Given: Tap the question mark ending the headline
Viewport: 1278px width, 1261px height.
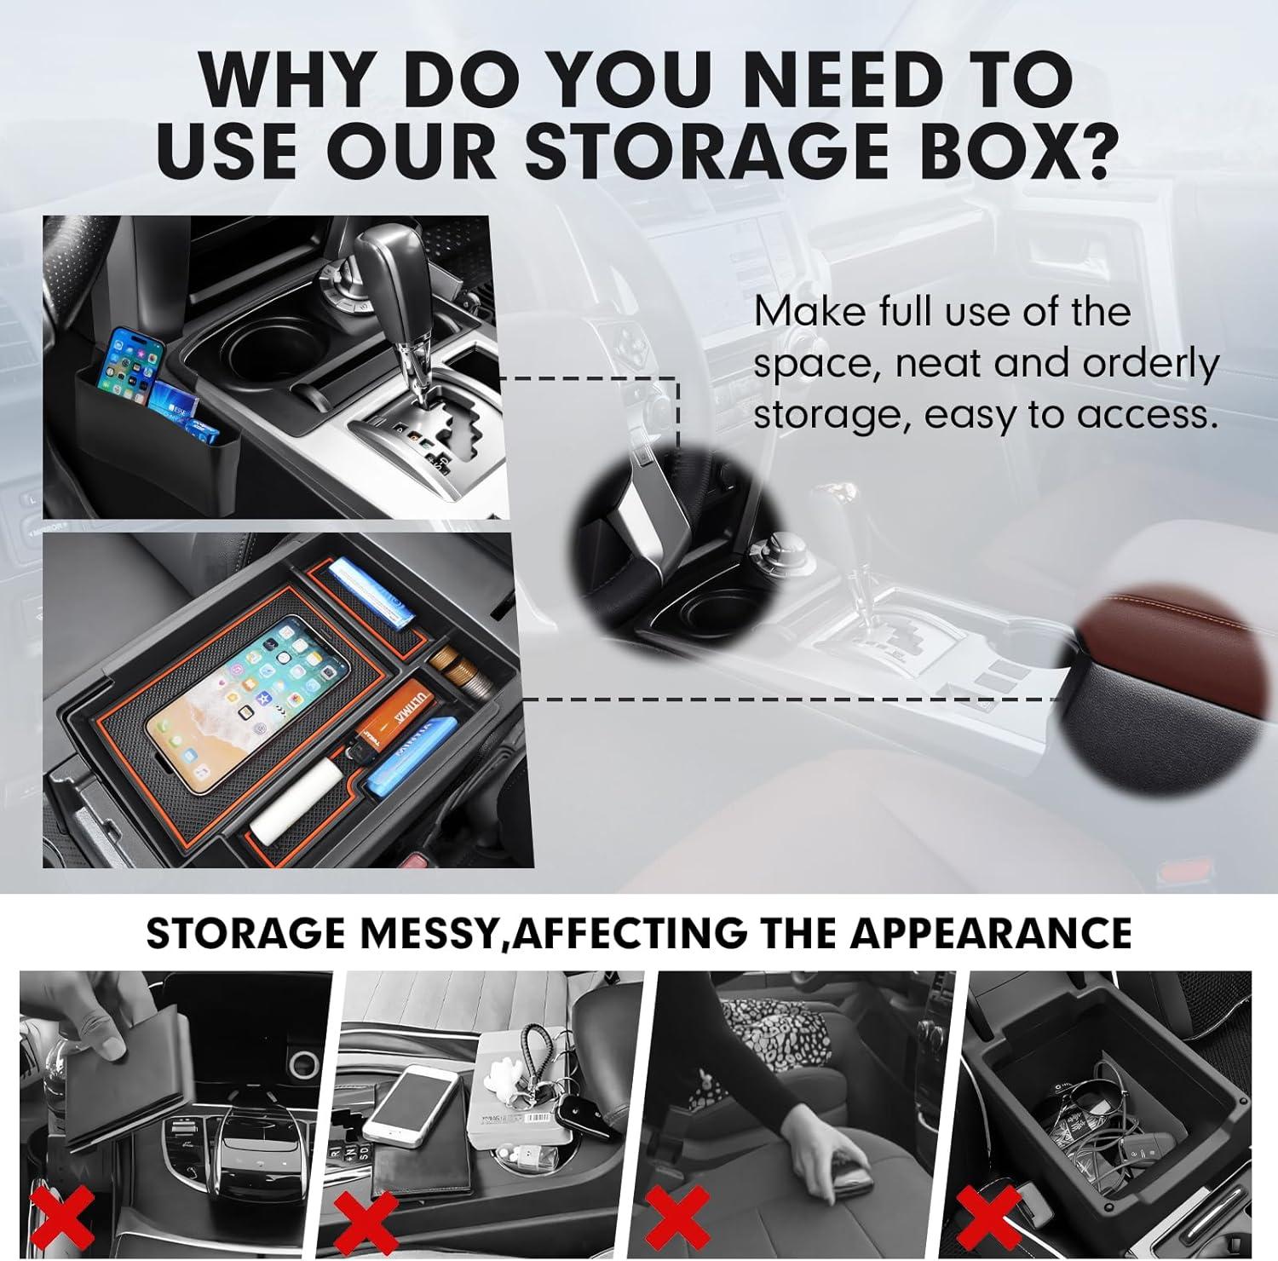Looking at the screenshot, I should coord(1081,151).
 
